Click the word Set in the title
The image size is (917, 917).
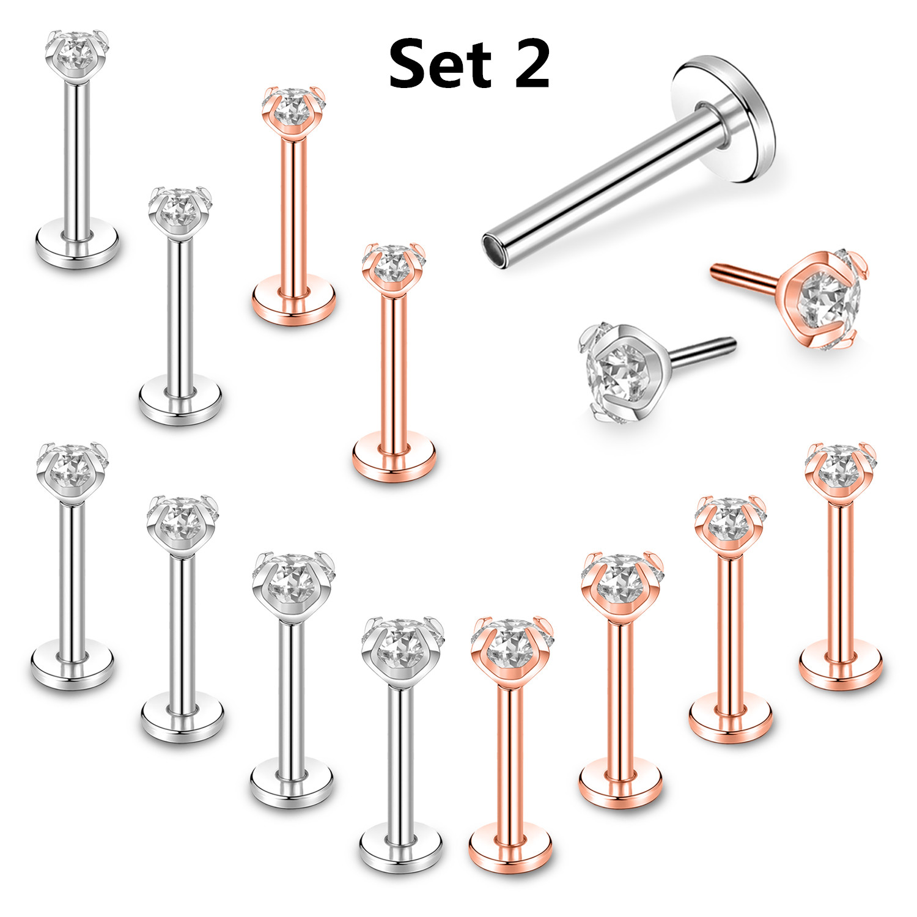(x=440, y=64)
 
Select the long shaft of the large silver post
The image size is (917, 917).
(x=605, y=183)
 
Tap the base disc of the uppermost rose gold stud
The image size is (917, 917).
(x=293, y=300)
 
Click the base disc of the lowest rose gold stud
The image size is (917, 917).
(x=510, y=847)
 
